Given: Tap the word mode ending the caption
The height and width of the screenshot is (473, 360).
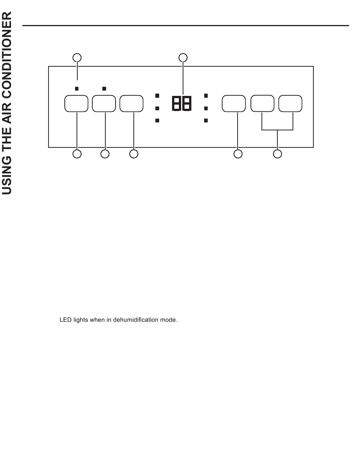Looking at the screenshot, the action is tap(170, 320).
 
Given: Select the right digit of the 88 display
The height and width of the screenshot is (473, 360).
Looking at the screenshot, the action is tap(186, 103).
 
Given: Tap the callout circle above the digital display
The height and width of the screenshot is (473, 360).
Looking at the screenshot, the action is tap(183, 58).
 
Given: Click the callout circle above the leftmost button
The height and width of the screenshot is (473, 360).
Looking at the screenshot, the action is tap(77, 58).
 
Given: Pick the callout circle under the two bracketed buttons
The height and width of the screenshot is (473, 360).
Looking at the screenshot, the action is tap(278, 154).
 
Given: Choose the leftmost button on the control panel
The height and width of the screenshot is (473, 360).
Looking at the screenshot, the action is tap(77, 104).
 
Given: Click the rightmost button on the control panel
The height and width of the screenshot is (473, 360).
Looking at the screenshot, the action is tap(290, 104).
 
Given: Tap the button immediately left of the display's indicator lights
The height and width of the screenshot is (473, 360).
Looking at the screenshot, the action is tap(131, 104).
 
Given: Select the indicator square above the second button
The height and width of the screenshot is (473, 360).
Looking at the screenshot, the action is tap(104, 89).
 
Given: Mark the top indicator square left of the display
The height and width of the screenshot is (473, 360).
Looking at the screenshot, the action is tap(157, 96).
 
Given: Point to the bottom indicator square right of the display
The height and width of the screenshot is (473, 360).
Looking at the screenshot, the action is tap(206, 121).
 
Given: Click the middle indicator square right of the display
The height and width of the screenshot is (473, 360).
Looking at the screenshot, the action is tap(206, 108).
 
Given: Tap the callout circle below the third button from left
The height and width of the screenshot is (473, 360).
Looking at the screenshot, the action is tap(133, 154).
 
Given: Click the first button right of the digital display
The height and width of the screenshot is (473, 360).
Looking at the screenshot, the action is tap(234, 104).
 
